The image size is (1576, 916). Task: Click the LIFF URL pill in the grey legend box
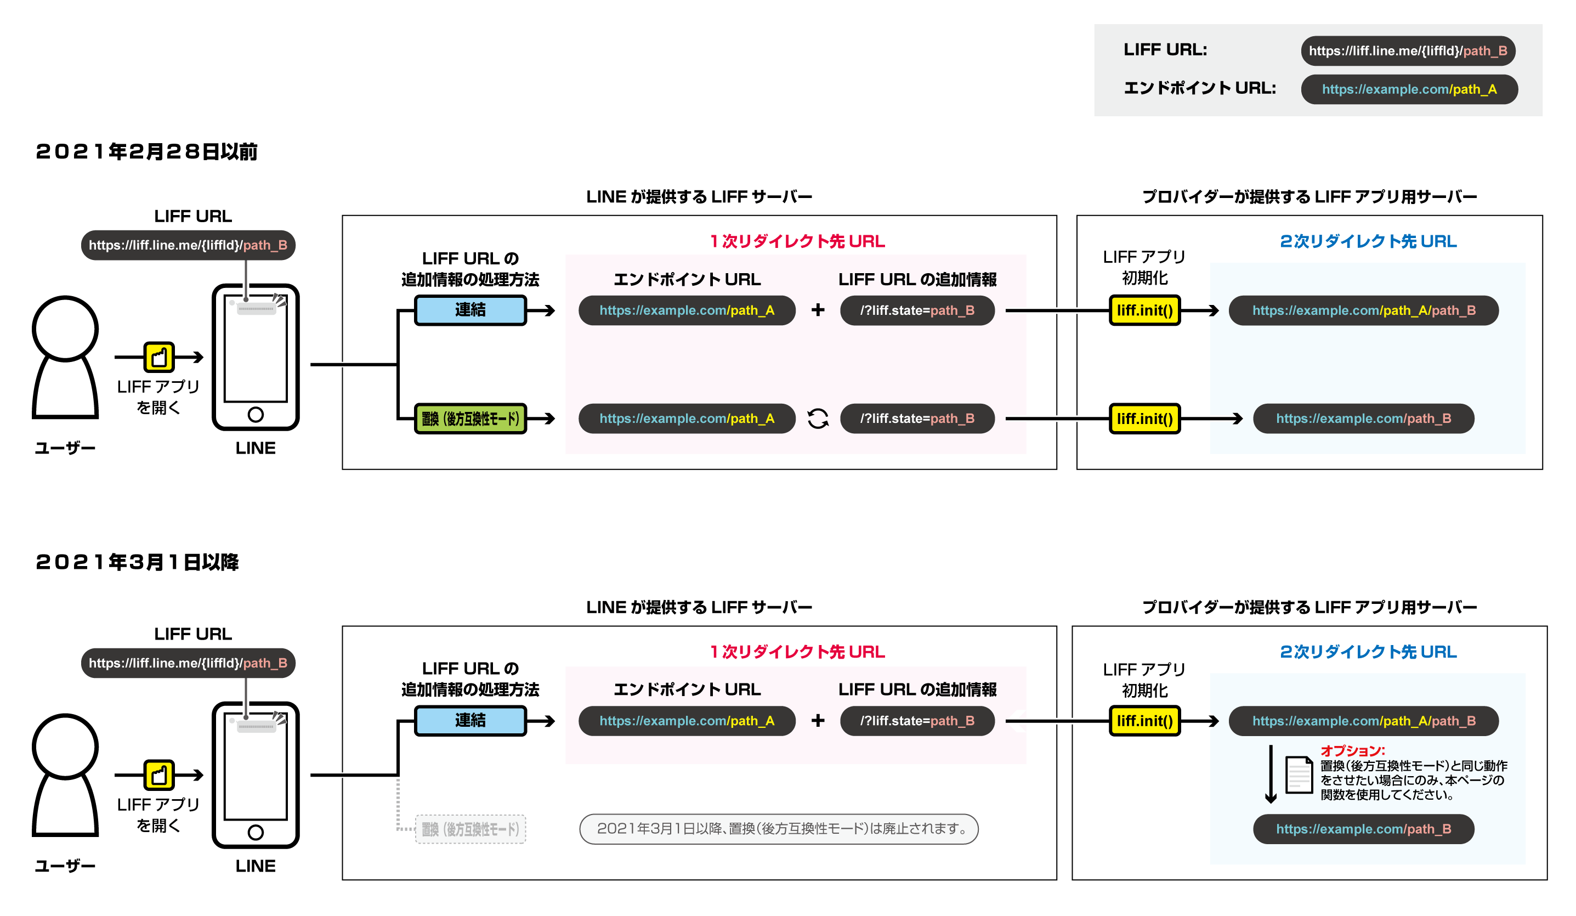click(1407, 50)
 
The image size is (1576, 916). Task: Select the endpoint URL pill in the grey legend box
click(1408, 89)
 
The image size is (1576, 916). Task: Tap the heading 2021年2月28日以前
click(146, 151)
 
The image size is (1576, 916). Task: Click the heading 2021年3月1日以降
click(137, 562)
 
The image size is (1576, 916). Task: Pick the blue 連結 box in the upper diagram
click(470, 310)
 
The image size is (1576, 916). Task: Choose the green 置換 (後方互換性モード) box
click(470, 419)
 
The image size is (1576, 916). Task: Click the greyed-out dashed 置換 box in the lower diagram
click(470, 829)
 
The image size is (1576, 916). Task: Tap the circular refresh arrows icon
click(818, 419)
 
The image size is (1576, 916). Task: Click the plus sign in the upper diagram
click(818, 310)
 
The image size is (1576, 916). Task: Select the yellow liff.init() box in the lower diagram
click(1144, 721)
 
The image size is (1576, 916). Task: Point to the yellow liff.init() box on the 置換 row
click(1144, 419)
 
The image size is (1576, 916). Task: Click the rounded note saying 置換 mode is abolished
click(779, 829)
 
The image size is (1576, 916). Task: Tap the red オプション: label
click(1352, 751)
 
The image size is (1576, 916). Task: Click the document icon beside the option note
click(1299, 774)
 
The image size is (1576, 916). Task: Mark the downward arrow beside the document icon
click(1270, 774)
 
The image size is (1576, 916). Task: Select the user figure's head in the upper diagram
click(65, 329)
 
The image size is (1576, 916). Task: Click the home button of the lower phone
click(255, 833)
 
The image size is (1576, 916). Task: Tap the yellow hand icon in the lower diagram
click(159, 775)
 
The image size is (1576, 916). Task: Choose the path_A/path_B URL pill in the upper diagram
click(1363, 310)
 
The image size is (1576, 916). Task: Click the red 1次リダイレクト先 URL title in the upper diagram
click(797, 241)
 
